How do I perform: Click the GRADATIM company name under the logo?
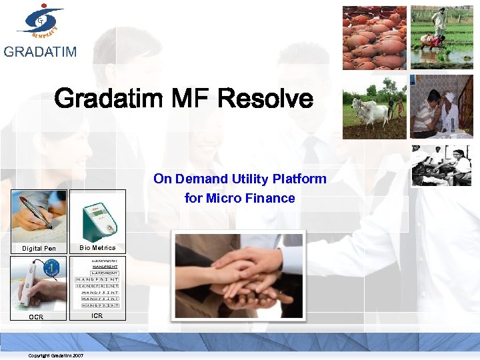(40, 52)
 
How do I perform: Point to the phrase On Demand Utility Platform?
(240, 179)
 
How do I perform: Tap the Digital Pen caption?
(39, 249)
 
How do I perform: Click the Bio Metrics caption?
(97, 248)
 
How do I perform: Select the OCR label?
(36, 317)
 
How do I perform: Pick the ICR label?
(97, 316)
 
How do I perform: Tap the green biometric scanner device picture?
(97, 216)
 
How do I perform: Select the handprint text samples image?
(97, 284)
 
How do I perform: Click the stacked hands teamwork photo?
(238, 275)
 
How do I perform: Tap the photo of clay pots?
(374, 38)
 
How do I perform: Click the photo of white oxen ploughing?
(374, 107)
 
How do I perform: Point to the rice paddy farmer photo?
(442, 38)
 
